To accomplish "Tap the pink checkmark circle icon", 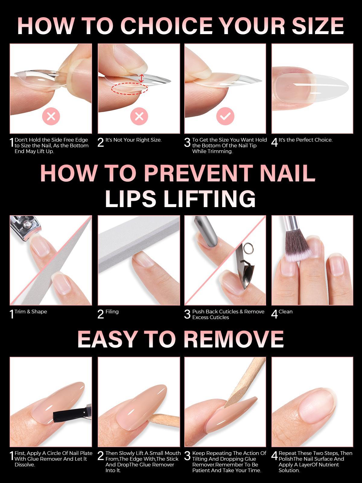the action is tap(225, 116).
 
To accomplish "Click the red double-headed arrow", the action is tap(141, 78).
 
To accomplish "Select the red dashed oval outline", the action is tap(129, 89).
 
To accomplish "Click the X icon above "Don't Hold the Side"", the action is tap(51, 116).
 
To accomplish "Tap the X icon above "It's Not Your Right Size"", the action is tap(139, 116).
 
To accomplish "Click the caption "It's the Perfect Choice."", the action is tap(306, 140).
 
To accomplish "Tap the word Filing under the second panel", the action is tap(112, 311).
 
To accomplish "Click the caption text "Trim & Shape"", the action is tap(31, 311).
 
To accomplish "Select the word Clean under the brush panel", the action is tap(285, 311).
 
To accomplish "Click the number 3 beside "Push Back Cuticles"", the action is tap(187, 314).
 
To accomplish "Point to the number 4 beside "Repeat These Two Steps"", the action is tap(275, 456).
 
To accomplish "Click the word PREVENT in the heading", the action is tap(198, 173).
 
